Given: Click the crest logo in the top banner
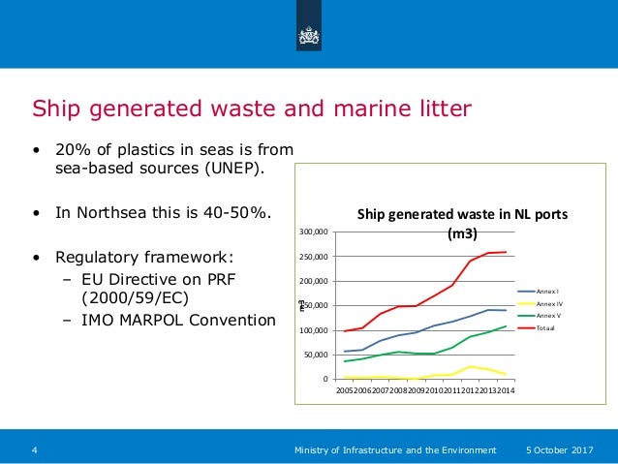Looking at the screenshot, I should pyautogui.click(x=309, y=35).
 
